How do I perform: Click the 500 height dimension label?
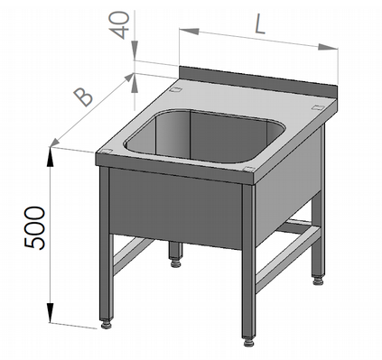[x=34, y=227]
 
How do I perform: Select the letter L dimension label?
[x=260, y=24]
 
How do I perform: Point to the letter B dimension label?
[x=83, y=97]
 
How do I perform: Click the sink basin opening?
[x=205, y=136]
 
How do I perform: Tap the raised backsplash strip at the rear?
[x=257, y=79]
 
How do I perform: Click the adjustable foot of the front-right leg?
[x=248, y=342]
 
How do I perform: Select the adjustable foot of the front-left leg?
[x=106, y=325]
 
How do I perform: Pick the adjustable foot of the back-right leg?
[x=318, y=282]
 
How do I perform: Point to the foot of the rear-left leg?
[x=175, y=263]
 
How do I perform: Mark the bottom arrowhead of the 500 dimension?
[x=51, y=313]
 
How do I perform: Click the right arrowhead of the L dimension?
[x=328, y=47]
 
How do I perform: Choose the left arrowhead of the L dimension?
[x=189, y=31]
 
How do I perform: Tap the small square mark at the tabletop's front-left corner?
[x=106, y=152]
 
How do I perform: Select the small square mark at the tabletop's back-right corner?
[x=318, y=106]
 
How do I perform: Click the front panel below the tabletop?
[x=176, y=208]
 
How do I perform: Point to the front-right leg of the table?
[x=248, y=260]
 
